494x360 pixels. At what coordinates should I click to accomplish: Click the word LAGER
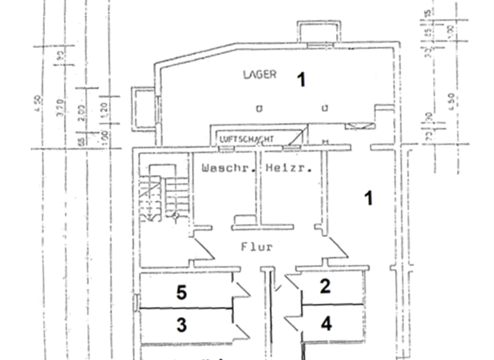pos(260,75)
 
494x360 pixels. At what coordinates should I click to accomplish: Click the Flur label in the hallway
pos(257,246)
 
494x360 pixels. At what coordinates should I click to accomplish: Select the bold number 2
pos(325,286)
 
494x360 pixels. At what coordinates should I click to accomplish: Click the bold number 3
pos(182,325)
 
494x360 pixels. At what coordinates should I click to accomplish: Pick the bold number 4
pos(326,323)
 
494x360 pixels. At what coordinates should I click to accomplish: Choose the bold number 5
pos(182,292)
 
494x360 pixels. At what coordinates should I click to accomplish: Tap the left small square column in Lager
pos(259,108)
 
